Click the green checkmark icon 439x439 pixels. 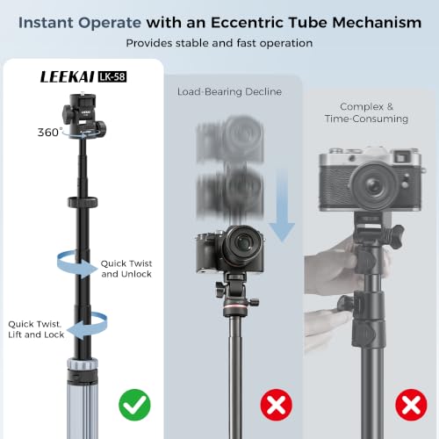click(134, 405)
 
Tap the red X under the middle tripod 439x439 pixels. click(277, 405)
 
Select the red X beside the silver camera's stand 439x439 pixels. click(411, 405)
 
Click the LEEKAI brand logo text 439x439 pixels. click(68, 77)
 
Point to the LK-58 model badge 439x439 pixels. click(112, 76)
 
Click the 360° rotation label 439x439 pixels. click(50, 133)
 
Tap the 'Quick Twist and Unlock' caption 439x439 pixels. click(126, 269)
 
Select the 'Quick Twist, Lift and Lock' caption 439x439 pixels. click(36, 329)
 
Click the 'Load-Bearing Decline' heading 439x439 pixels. click(229, 91)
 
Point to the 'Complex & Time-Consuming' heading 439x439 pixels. click(366, 112)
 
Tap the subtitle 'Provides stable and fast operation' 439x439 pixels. click(219, 43)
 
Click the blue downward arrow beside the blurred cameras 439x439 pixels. click(282, 205)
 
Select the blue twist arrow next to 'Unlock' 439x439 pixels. click(76, 264)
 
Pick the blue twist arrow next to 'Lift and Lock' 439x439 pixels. click(87, 326)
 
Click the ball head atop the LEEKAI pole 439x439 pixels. click(84, 116)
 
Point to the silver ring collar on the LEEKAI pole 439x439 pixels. click(83, 363)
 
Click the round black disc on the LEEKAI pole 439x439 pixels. click(83, 202)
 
